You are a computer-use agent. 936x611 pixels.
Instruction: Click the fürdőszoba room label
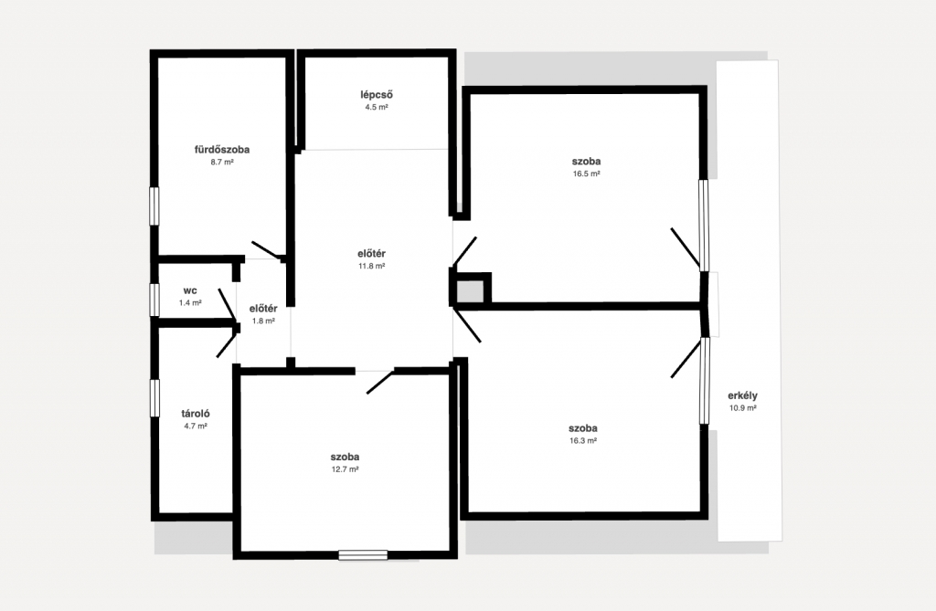pos(222,150)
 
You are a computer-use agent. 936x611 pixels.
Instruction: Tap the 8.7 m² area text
pos(222,162)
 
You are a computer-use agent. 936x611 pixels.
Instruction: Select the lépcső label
pos(377,95)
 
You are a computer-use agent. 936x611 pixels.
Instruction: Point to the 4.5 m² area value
pos(377,108)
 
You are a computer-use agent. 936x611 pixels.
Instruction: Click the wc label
pos(190,290)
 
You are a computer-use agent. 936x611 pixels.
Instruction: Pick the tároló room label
pos(196,413)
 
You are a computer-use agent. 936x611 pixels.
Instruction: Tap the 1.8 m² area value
pos(263,321)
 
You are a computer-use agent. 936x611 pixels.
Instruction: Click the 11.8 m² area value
pos(371,266)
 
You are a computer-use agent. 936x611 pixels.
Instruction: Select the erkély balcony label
pos(742,395)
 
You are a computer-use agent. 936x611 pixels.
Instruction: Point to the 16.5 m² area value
pos(586,174)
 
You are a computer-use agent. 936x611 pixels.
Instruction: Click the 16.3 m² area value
pos(583,441)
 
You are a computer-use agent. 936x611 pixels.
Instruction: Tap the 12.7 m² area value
pos(345,469)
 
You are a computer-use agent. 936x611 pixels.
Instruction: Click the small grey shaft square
pos(471,291)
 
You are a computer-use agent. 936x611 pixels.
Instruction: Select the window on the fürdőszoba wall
pos(154,205)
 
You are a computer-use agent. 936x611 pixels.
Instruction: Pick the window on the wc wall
pos(154,300)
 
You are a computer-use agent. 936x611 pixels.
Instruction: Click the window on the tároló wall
pos(154,398)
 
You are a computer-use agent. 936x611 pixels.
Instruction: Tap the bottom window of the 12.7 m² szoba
pos(363,555)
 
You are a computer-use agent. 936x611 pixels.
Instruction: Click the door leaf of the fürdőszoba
pos(267,250)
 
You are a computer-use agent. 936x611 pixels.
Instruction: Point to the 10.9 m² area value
pos(742,408)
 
